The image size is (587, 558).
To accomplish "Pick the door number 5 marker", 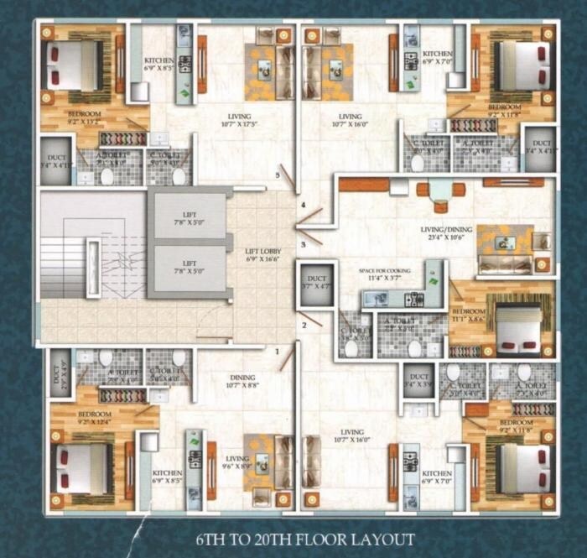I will pyautogui.click(x=278, y=175).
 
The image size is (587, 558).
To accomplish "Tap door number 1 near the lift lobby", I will pyautogui.click(x=278, y=352).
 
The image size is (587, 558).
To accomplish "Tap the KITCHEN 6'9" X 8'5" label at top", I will pyautogui.click(x=159, y=65).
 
